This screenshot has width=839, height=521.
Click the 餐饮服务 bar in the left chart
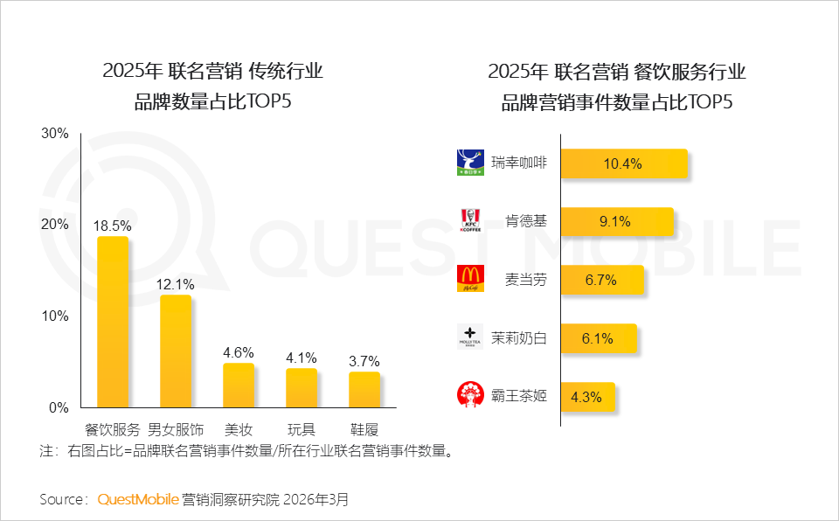click(x=113, y=322)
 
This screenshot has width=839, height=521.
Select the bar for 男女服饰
click(x=176, y=351)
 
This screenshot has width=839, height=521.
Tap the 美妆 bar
click(x=239, y=385)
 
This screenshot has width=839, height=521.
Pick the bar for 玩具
click(x=302, y=387)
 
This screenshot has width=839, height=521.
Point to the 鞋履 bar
click(x=364, y=389)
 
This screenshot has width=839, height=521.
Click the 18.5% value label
click(x=112, y=225)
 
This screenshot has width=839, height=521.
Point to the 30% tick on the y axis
click(x=55, y=134)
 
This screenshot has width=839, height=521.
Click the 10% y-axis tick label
click(x=55, y=316)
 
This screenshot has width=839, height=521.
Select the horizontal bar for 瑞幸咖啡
click(x=623, y=163)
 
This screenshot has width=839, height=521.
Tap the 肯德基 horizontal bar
click(x=616, y=221)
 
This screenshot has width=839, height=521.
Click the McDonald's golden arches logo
click(x=470, y=279)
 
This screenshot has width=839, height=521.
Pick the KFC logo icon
click(x=470, y=220)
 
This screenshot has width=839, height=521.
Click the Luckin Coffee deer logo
click(x=470, y=163)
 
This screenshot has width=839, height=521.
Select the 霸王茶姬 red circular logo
click(x=470, y=395)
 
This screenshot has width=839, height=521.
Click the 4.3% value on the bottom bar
click(x=586, y=396)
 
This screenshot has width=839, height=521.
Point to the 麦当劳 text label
click(x=526, y=280)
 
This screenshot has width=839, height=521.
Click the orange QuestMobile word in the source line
click(x=138, y=500)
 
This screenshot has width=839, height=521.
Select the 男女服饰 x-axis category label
click(x=176, y=429)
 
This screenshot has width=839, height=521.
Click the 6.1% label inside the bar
click(x=598, y=338)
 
